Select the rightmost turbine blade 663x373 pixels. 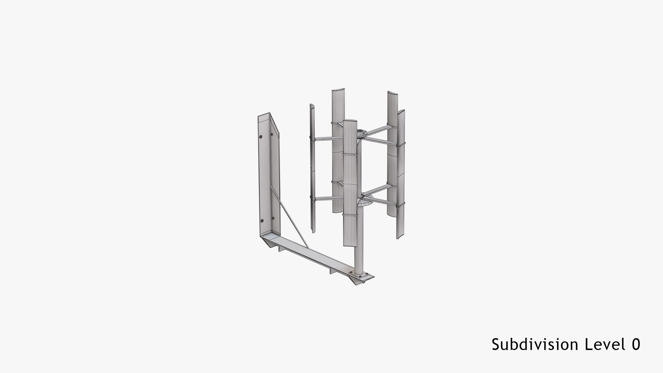click(400, 173)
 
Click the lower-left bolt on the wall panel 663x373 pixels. click(262, 221)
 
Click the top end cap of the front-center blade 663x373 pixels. click(350, 121)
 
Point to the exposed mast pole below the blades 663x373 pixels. click(359, 259)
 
